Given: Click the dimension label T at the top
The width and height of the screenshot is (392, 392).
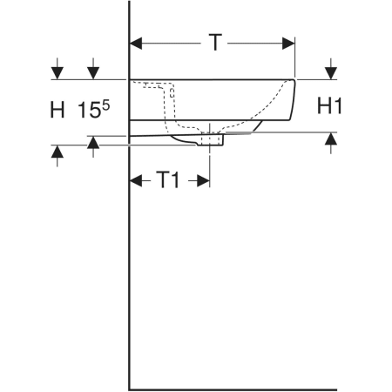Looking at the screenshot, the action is (x=215, y=43).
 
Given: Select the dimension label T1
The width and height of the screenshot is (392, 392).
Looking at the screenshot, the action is (x=168, y=179).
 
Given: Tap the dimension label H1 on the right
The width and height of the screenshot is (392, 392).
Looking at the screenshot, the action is (x=329, y=105).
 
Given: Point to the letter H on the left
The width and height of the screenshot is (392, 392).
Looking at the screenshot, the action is (x=57, y=110).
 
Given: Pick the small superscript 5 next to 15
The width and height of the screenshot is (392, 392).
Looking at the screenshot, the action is (x=106, y=105).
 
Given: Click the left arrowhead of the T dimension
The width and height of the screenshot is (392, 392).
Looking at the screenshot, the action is (x=136, y=44).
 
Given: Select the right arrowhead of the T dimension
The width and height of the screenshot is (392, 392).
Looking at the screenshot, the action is (x=288, y=44).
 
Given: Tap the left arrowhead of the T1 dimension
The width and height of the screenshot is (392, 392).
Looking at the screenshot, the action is (x=136, y=180).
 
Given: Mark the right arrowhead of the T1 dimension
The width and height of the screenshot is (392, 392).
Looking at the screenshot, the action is (x=203, y=180).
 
